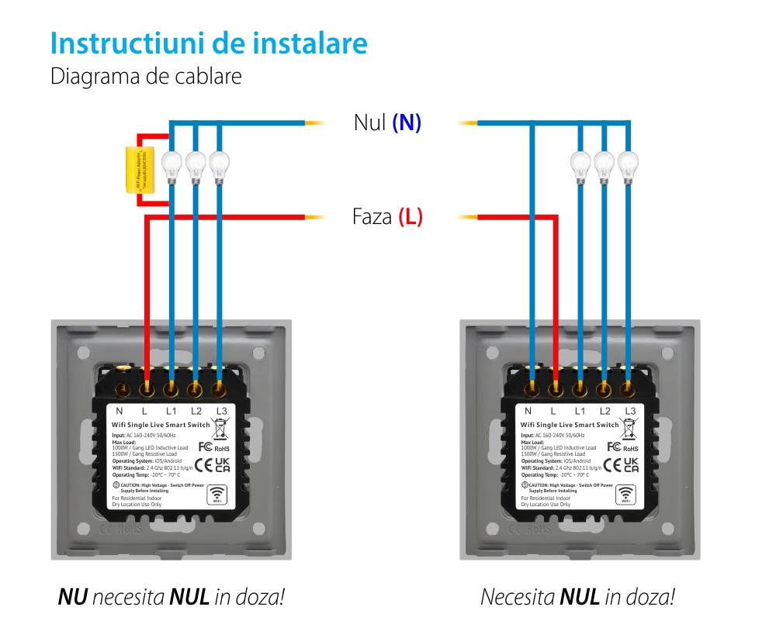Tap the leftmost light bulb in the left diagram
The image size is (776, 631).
click(x=171, y=164)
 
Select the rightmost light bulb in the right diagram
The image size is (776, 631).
click(x=628, y=164)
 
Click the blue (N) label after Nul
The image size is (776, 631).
click(x=407, y=122)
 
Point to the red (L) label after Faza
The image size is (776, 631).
click(x=411, y=216)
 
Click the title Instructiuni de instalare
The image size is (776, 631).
click(x=209, y=43)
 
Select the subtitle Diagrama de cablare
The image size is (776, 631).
click(x=146, y=77)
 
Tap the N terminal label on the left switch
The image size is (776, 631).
click(x=120, y=411)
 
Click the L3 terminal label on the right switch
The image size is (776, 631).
click(x=630, y=411)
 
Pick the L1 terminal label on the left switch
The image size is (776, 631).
click(x=171, y=411)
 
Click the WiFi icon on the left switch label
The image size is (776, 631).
click(x=217, y=495)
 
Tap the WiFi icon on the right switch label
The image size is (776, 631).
click(x=625, y=495)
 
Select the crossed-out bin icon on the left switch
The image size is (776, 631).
click(x=220, y=428)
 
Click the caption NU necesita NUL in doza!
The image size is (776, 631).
click(x=171, y=597)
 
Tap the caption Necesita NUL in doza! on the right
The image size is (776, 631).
click(x=577, y=597)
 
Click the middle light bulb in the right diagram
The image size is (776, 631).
click(x=604, y=164)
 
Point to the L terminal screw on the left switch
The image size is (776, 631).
click(x=145, y=385)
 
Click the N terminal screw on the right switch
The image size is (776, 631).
click(x=532, y=385)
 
